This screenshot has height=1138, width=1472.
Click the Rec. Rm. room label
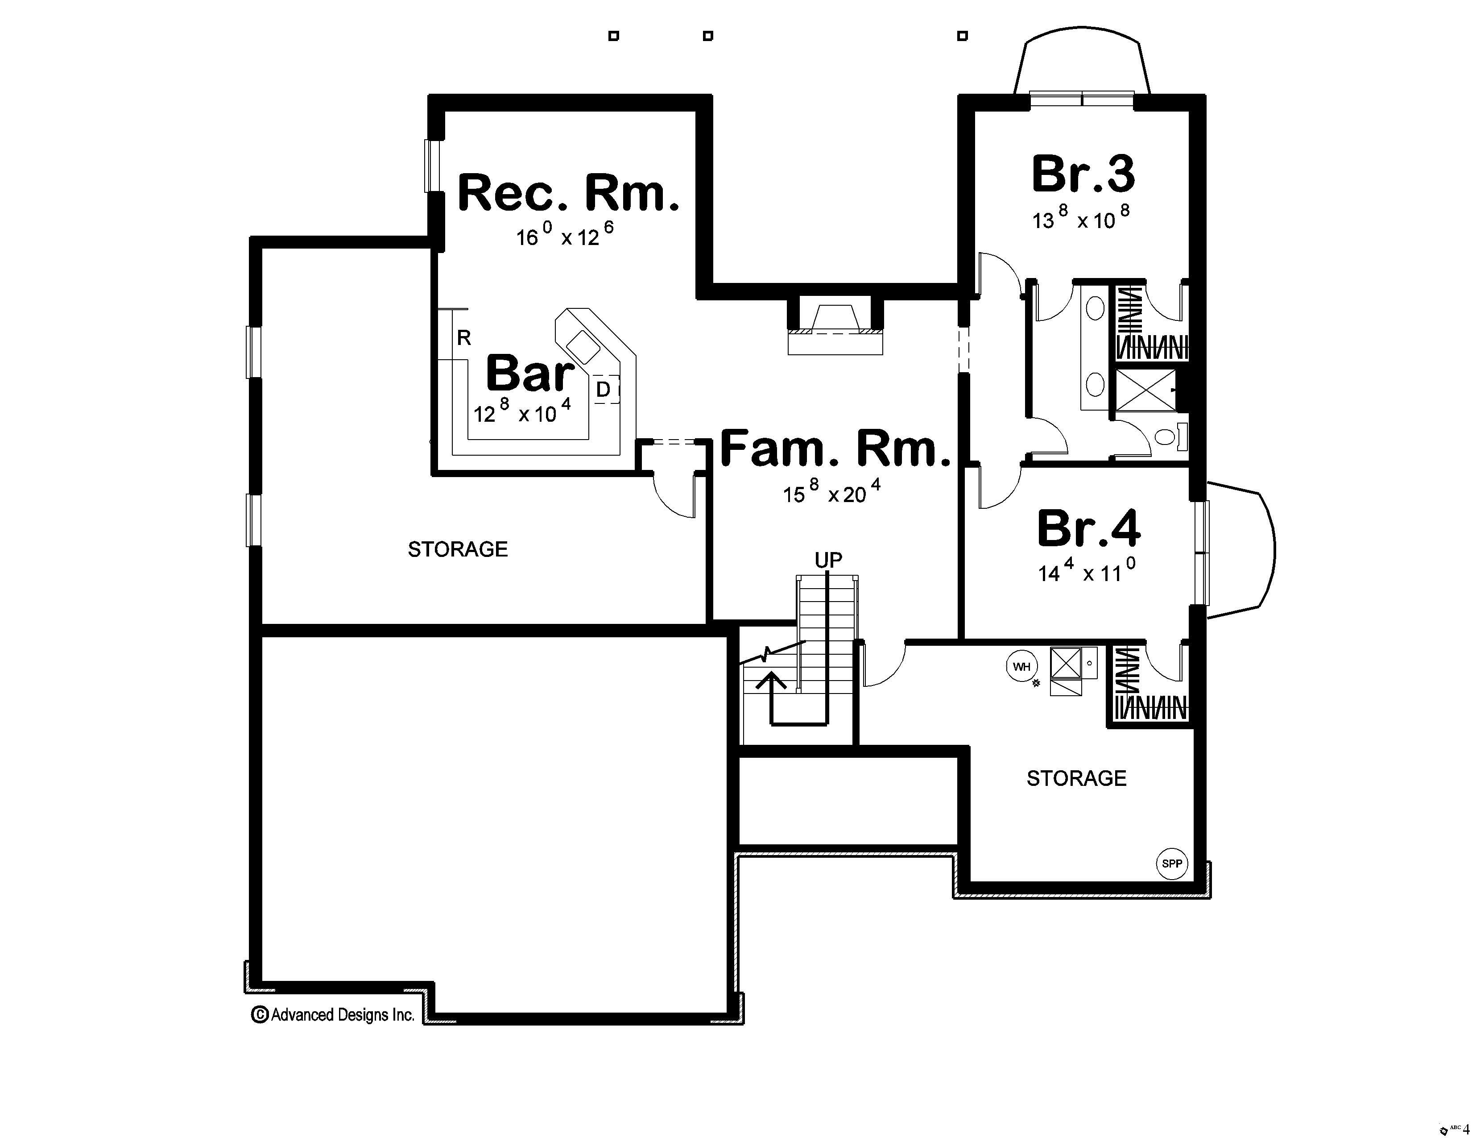coord(568,194)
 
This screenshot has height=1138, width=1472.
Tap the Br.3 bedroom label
coord(1083,174)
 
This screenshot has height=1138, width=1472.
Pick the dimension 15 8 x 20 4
coord(831,492)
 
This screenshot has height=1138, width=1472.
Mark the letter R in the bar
coord(464,338)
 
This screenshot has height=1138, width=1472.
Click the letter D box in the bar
coord(604,389)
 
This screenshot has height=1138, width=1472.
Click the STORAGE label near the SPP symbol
coord(1076,779)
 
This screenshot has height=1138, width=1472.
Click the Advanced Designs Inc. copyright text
coord(334,1015)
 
